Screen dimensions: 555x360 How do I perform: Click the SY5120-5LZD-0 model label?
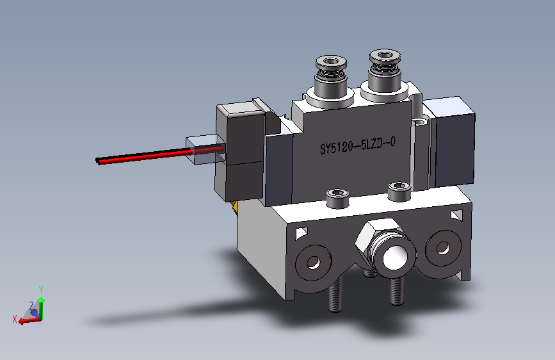coord(358,145)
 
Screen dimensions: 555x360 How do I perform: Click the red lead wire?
coord(146,156)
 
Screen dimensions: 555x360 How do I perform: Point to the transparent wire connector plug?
coord(205,149)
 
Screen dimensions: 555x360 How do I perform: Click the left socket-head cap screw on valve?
coord(337,198)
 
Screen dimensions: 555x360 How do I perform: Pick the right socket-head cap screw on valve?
coord(399,192)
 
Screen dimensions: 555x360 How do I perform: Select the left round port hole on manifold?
coord(313,263)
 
